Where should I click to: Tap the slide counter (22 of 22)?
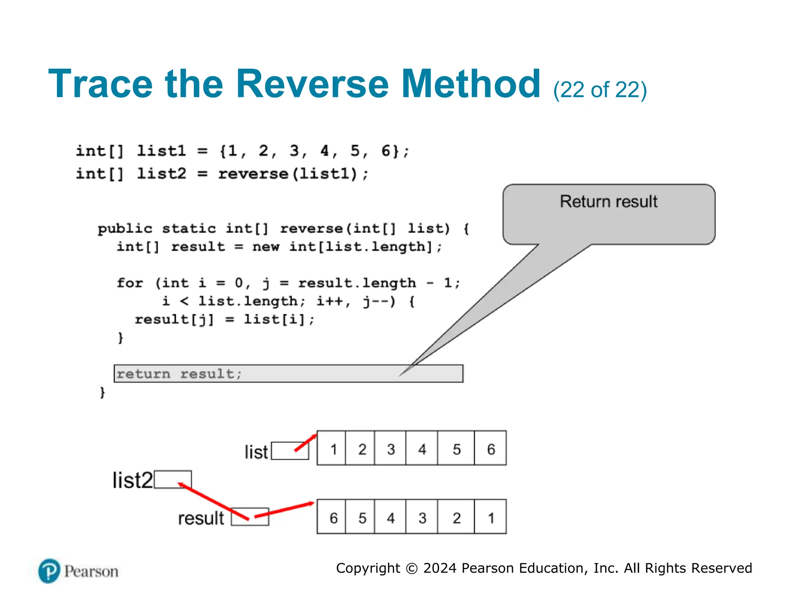(600, 90)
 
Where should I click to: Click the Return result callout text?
(608, 202)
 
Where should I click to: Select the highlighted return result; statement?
(288, 374)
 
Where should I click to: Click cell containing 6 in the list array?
(490, 449)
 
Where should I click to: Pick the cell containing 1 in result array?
(490, 518)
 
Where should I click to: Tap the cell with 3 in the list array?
(390, 449)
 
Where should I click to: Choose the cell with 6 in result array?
(333, 518)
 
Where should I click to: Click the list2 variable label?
(133, 480)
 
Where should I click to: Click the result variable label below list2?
(201, 518)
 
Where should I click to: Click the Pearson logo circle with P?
(49, 571)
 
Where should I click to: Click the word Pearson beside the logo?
(91, 572)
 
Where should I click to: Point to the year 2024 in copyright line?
(440, 568)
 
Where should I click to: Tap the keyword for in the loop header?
(130, 283)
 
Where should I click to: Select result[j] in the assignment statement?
(174, 319)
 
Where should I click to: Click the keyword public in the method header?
(125, 229)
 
